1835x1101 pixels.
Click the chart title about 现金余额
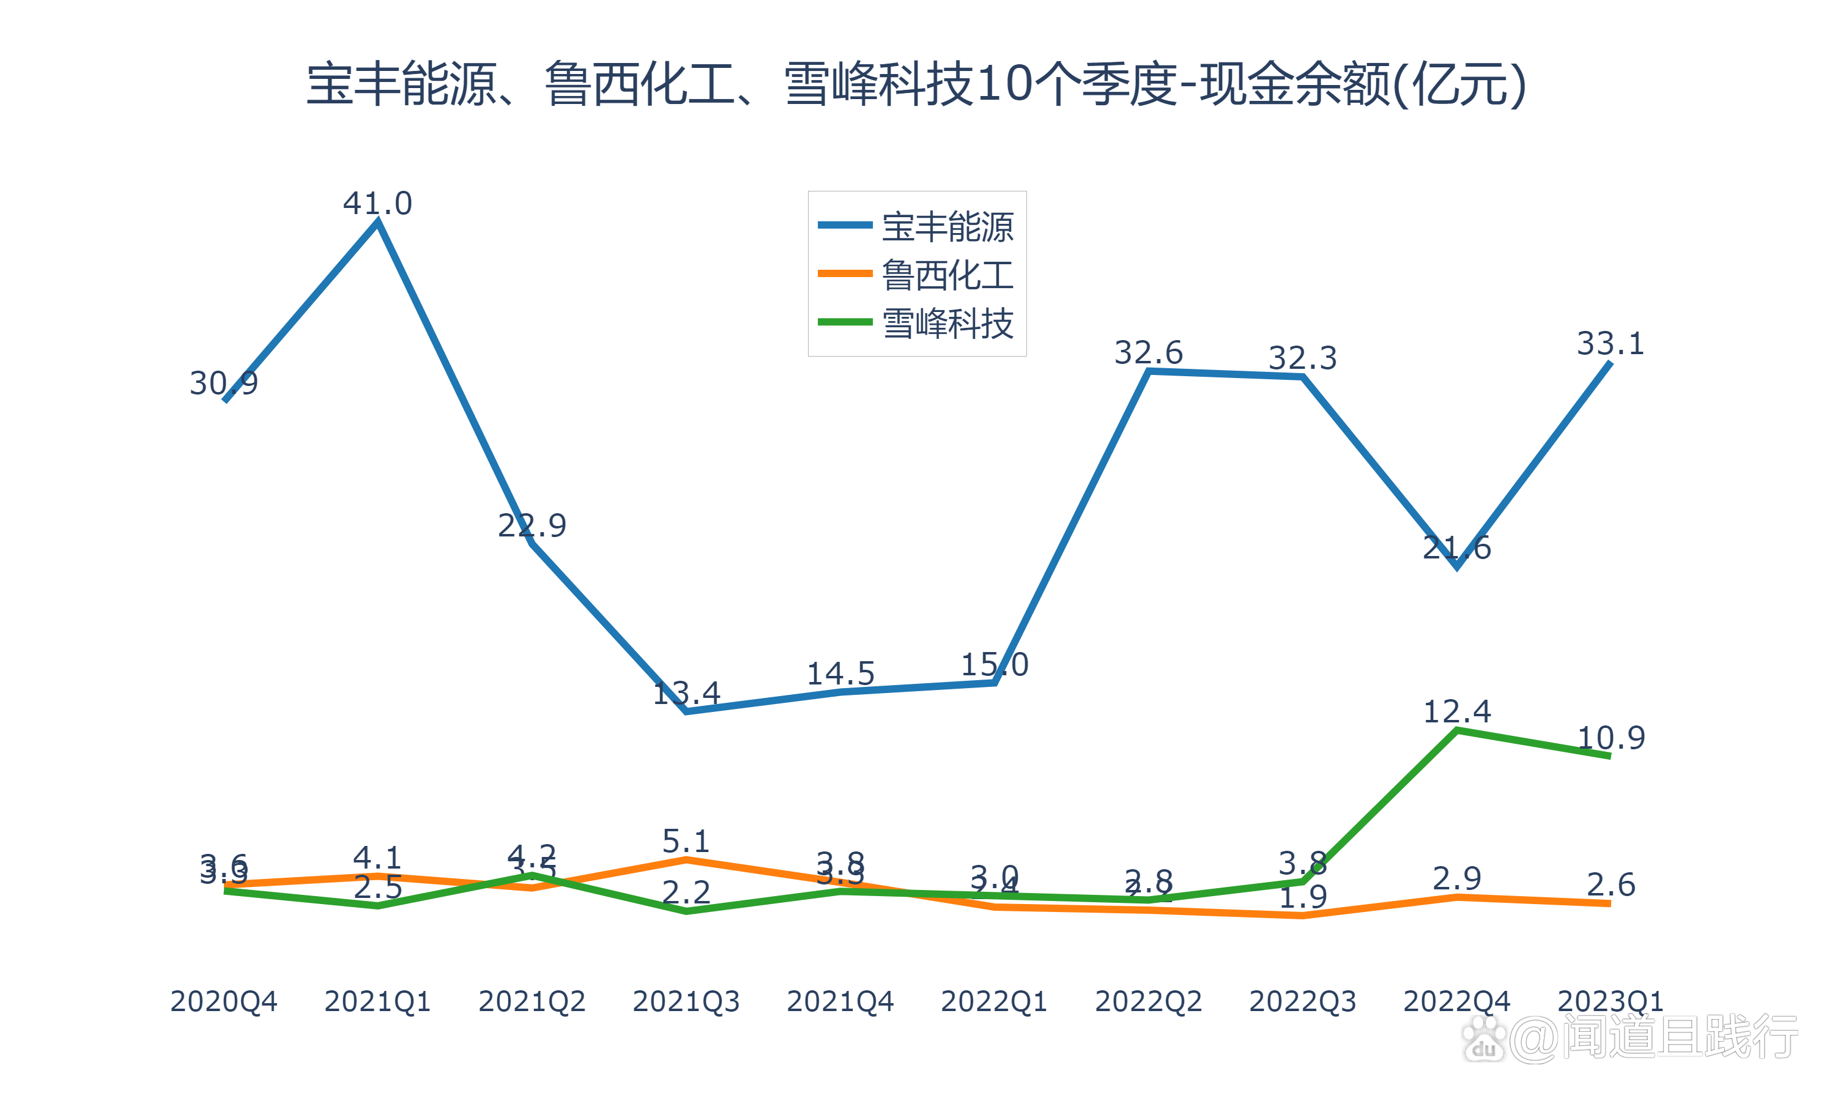point(916,84)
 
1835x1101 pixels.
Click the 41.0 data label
point(377,203)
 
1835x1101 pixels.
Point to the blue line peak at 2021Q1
point(377,222)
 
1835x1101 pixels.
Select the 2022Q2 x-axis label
point(1148,1001)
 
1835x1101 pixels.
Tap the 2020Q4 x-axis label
point(223,1001)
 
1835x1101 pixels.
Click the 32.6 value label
point(1148,352)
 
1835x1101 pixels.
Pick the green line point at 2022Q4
point(1457,731)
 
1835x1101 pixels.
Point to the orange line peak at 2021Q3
point(686,860)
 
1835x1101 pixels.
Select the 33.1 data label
point(1611,344)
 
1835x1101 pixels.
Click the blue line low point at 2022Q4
point(1457,568)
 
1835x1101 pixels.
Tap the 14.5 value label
point(840,673)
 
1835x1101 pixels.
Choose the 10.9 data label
point(1611,738)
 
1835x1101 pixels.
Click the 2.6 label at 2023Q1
point(1611,884)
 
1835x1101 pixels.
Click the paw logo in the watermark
point(1484,1039)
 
